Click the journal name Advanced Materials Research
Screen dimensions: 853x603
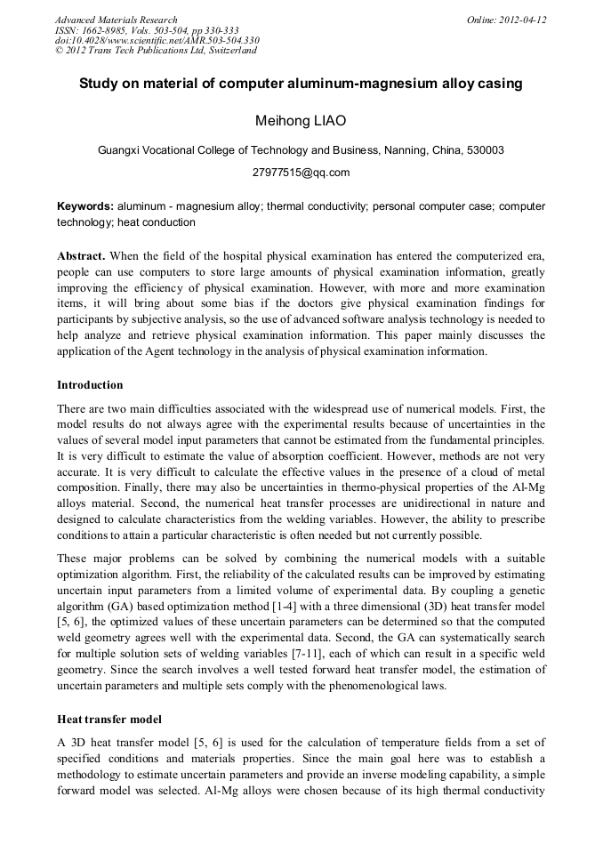point(116,20)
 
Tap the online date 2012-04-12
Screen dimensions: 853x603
point(521,20)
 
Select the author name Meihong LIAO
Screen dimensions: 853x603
point(301,120)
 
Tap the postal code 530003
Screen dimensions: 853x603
point(484,150)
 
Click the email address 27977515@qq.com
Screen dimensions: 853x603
point(301,173)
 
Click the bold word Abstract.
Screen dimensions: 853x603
point(83,255)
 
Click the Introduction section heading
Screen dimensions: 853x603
point(90,385)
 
